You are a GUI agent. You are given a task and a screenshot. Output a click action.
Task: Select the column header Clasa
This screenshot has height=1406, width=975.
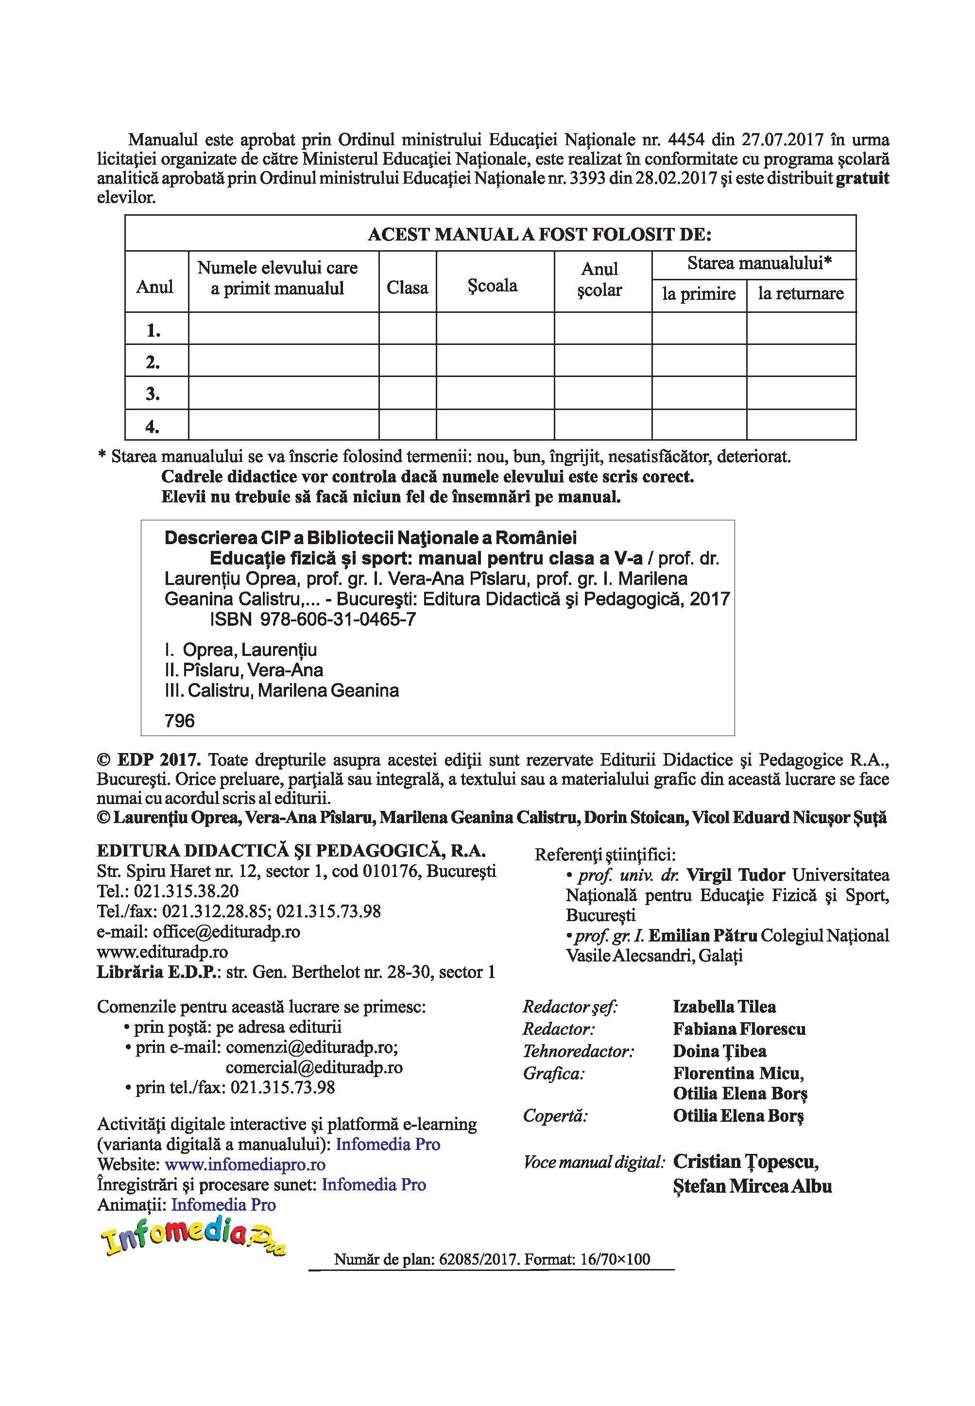coord(407,287)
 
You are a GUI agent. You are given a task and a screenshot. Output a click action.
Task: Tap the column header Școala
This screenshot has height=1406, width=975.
coord(493,285)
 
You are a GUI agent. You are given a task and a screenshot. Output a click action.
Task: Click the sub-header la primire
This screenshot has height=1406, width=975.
coord(699,294)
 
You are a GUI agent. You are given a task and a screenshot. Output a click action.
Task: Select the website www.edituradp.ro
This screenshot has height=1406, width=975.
coord(162,952)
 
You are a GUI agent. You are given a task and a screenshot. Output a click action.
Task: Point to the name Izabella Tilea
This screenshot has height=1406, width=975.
coord(724,1007)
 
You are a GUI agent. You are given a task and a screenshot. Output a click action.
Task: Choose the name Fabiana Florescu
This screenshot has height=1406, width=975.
coord(739,1029)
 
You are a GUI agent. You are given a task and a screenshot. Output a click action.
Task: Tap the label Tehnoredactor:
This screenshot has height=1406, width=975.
coord(578,1052)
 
